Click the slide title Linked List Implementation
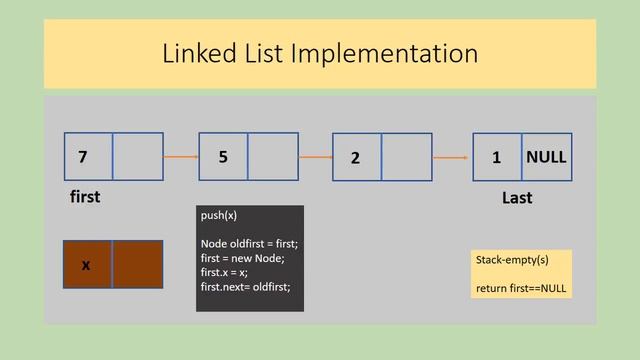click(x=320, y=53)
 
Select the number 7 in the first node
click(x=82, y=157)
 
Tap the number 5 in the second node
click(x=223, y=157)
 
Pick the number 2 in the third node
click(x=355, y=158)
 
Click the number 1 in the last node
click(x=496, y=158)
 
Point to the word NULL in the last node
click(x=546, y=157)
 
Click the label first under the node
click(x=85, y=197)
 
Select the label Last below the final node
click(x=516, y=198)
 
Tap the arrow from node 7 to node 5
click(x=181, y=157)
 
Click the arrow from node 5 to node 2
click(x=315, y=157)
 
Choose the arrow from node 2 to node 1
click(x=451, y=158)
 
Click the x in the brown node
click(x=86, y=265)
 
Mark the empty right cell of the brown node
click(x=137, y=265)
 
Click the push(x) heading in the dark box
click(x=219, y=215)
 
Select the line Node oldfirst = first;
click(x=249, y=243)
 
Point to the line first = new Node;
click(x=242, y=257)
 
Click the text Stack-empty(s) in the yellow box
click(x=511, y=260)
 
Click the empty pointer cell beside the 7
click(x=137, y=157)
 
